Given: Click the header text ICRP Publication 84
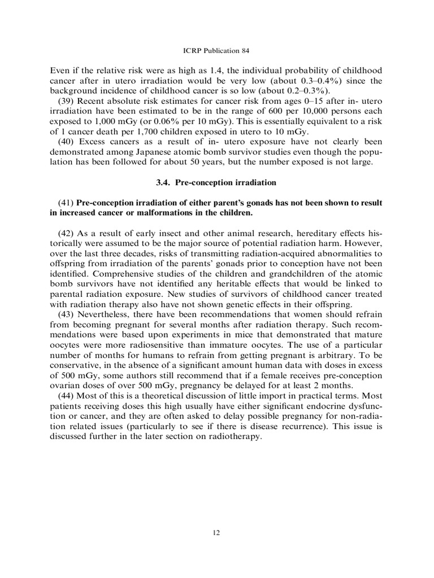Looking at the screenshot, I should (216, 54).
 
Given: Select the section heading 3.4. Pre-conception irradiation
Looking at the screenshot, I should (216, 183).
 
